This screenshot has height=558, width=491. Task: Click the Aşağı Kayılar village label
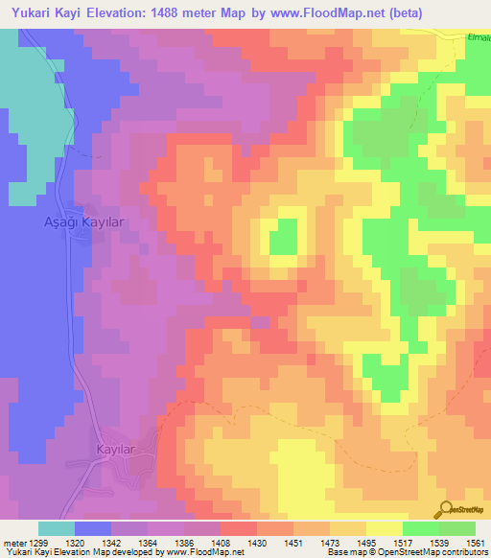pos(85,221)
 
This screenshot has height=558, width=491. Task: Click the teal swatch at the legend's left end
pos(56,528)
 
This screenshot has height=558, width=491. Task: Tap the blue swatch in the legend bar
pos(92,528)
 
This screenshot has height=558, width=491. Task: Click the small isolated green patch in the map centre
pos(282,235)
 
